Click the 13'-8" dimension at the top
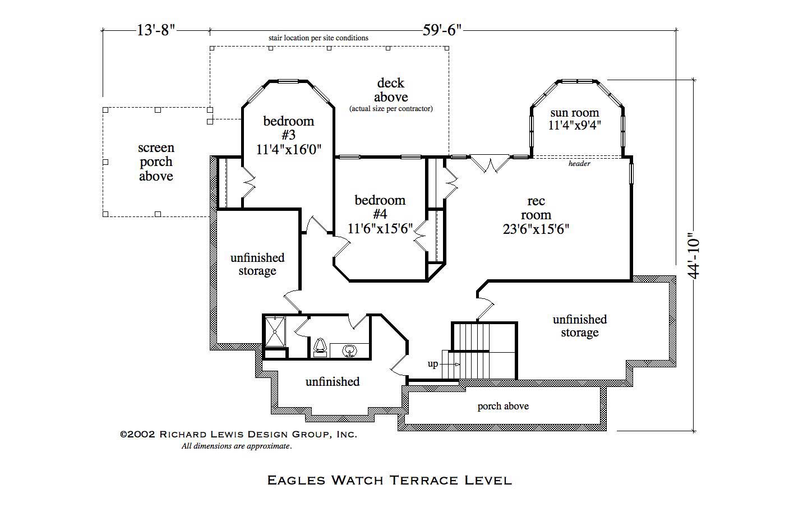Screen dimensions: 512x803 (156, 30)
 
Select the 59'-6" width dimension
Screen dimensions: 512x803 (442, 30)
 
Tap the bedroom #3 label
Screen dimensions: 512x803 (289, 128)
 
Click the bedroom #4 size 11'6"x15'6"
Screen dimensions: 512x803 (380, 229)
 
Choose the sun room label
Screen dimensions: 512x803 (574, 113)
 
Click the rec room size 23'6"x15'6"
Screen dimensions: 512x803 (536, 229)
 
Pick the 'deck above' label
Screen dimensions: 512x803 (391, 90)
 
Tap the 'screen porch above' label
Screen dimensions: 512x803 (156, 162)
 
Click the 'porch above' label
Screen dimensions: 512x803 (503, 406)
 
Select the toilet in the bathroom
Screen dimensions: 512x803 (320, 347)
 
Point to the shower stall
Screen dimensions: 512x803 (275, 331)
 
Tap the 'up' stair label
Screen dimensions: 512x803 (433, 364)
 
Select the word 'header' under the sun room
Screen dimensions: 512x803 (579, 164)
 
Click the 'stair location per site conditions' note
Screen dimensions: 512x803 (318, 38)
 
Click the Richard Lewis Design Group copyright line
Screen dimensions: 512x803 (238, 434)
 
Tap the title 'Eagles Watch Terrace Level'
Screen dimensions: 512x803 (389, 480)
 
